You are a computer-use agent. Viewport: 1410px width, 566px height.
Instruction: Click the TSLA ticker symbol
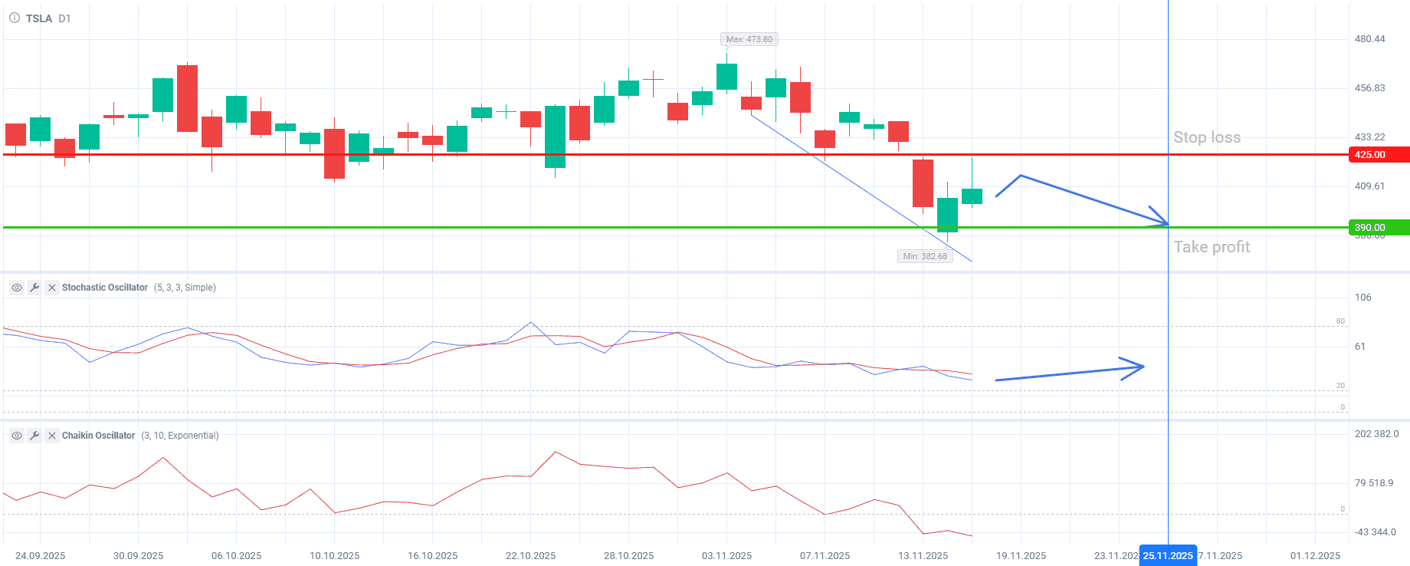(38, 18)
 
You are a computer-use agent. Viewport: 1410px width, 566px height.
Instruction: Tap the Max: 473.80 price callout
(749, 39)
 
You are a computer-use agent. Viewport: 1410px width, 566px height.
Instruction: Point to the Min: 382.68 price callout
(925, 256)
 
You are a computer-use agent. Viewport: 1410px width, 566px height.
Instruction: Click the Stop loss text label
(1206, 137)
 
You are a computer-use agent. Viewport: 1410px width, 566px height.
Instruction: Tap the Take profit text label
(1212, 247)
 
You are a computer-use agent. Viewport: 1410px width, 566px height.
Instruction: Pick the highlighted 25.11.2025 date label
(1167, 556)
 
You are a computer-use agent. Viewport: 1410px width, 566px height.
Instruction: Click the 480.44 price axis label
(1369, 39)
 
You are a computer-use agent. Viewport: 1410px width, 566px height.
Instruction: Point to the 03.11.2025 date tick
(726, 556)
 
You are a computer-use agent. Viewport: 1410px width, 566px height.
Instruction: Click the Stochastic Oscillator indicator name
(105, 288)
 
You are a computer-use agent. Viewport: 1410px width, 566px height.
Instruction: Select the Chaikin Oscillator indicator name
(98, 436)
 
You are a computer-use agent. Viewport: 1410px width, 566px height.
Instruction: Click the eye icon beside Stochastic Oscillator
(16, 288)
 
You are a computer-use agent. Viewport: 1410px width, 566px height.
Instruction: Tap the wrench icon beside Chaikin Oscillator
(34, 436)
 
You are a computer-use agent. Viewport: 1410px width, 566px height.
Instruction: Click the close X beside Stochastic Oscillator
(51, 288)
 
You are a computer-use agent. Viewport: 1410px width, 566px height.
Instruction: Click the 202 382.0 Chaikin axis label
(1376, 434)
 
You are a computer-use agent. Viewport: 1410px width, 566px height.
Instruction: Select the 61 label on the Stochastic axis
(1359, 347)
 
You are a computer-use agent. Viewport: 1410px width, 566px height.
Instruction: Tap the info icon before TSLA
(14, 18)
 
